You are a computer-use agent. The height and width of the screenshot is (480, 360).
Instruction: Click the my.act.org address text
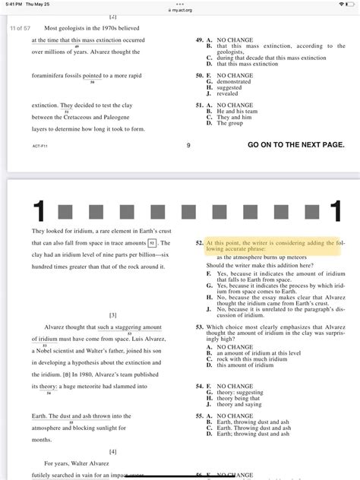coord(181,10)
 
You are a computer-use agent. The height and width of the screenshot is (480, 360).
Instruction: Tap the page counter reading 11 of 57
coord(20,27)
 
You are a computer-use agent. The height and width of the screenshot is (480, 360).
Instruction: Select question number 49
coord(199,38)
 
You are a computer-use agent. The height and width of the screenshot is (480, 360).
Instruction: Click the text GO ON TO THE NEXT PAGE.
coord(295,144)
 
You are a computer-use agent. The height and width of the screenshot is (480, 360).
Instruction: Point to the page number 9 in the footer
coord(188,144)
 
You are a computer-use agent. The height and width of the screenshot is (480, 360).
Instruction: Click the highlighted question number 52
coord(199,242)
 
